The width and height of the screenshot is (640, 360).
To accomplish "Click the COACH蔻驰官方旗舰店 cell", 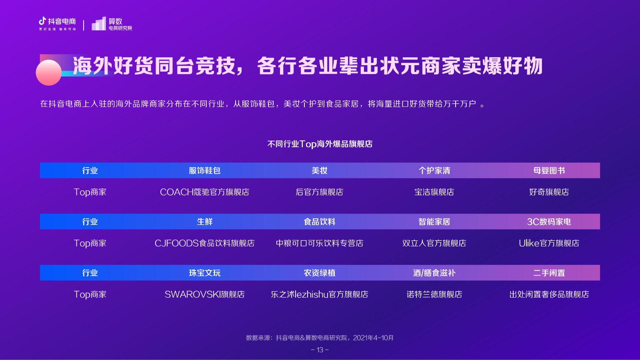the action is pyautogui.click(x=204, y=192).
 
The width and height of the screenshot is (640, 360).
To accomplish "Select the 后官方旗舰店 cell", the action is pyautogui.click(x=320, y=192).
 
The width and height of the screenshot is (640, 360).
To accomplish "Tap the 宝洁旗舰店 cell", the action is pyautogui.click(x=434, y=192).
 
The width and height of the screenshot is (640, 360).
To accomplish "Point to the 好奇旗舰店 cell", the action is pyautogui.click(x=549, y=192).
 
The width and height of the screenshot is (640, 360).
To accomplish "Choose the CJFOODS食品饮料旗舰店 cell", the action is pyautogui.click(x=204, y=243).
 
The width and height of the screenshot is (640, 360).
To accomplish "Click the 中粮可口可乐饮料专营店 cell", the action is pyautogui.click(x=320, y=243).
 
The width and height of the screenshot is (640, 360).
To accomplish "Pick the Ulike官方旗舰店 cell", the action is pyautogui.click(x=549, y=243).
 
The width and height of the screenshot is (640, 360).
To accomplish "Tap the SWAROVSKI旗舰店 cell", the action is pyautogui.click(x=204, y=294).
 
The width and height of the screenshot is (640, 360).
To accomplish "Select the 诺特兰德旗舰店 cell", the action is pyautogui.click(x=434, y=294).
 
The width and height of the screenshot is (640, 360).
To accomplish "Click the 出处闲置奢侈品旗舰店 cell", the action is pyautogui.click(x=549, y=294).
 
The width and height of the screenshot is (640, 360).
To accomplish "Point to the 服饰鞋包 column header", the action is pyautogui.click(x=204, y=170).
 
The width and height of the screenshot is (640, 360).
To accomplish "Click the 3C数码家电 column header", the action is pyautogui.click(x=549, y=222).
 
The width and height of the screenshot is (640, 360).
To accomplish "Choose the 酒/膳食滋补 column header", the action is pyautogui.click(x=434, y=273).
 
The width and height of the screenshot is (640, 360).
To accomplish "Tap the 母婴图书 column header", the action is pyautogui.click(x=549, y=170).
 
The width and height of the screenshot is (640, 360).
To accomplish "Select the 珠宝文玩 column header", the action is pyautogui.click(x=204, y=273).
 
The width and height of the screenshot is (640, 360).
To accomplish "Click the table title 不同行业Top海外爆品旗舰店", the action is pyautogui.click(x=320, y=144).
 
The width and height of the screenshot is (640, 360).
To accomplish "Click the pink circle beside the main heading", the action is pyautogui.click(x=48, y=72).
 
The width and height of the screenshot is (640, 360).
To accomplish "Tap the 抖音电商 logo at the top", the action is pyautogui.click(x=57, y=24).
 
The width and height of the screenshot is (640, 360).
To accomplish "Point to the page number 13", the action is pyautogui.click(x=320, y=350).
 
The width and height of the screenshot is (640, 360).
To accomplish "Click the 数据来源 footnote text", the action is pyautogui.click(x=320, y=338).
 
